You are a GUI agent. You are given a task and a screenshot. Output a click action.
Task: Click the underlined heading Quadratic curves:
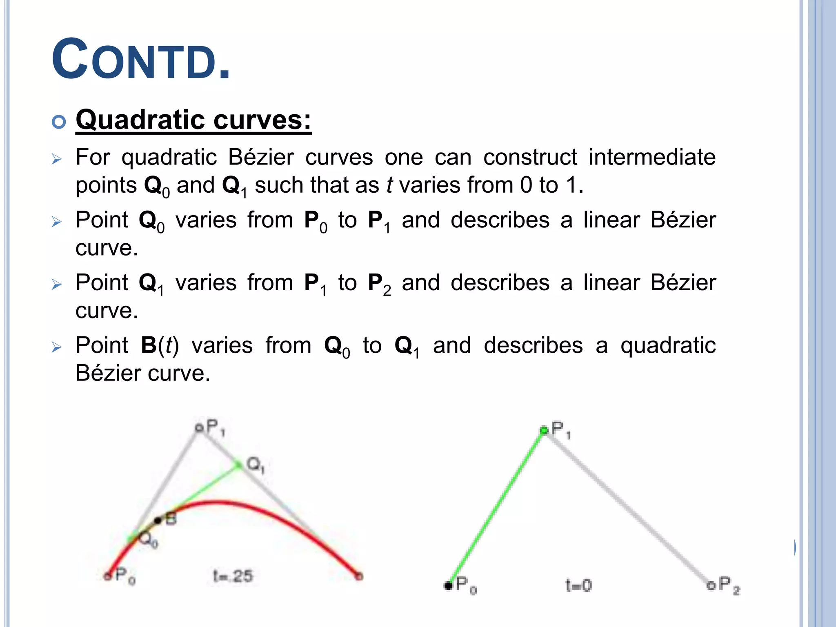tap(193, 120)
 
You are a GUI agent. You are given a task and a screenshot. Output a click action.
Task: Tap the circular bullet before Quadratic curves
tap(59, 122)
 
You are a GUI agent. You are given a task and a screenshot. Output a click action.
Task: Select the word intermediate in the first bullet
tap(652, 157)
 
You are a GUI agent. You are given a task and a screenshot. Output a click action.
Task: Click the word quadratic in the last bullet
tap(668, 345)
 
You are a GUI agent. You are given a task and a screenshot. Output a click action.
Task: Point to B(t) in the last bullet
tap(160, 345)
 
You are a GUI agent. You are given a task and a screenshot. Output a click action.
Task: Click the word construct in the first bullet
tap(530, 157)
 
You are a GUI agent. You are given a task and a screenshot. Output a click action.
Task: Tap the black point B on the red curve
tap(158, 520)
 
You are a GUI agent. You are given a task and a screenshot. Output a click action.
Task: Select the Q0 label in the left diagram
tap(148, 540)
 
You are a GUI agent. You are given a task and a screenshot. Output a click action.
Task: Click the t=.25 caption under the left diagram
tap(233, 576)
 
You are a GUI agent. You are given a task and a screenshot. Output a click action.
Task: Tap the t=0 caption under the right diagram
tap(578, 586)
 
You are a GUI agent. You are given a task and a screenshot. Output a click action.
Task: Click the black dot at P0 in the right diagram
tap(448, 586)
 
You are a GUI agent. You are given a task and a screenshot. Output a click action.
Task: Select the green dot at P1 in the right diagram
tap(544, 430)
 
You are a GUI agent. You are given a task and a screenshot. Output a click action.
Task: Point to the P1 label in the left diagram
tap(215, 428)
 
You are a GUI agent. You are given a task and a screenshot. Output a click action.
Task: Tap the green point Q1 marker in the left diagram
tap(239, 465)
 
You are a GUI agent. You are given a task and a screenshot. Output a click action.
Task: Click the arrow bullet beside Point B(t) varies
tap(57, 347)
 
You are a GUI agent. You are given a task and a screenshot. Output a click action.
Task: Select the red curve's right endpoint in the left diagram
tap(359, 576)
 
